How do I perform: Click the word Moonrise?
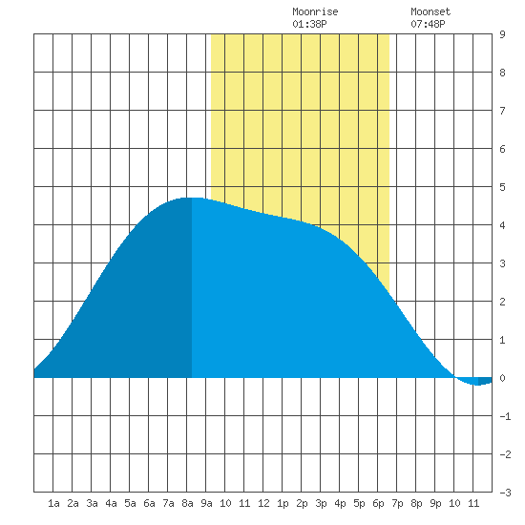(315, 11)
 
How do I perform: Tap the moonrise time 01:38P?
(309, 24)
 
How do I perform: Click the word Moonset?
(430, 11)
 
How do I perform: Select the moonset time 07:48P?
(428, 24)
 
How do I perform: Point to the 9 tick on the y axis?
(502, 34)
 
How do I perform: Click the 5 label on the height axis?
(502, 187)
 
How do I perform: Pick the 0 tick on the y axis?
(502, 378)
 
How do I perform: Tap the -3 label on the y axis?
(505, 493)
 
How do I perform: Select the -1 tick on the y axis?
(505, 416)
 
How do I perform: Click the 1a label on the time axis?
(53, 503)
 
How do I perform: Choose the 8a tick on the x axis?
(187, 503)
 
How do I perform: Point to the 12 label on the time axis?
(263, 503)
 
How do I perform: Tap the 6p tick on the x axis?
(378, 503)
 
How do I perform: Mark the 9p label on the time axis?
(435, 503)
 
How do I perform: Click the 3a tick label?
(92, 503)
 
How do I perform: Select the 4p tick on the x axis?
(340, 503)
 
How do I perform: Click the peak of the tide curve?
(193, 198)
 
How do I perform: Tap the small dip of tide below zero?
(476, 385)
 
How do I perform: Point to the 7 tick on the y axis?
(502, 111)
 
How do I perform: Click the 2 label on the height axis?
(502, 302)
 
